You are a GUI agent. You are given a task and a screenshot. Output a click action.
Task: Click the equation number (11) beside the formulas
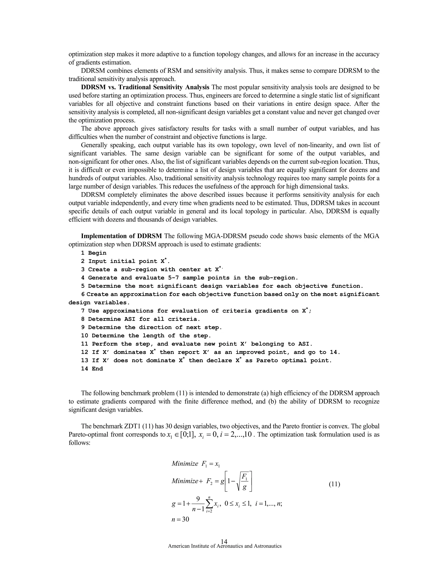(334, 484)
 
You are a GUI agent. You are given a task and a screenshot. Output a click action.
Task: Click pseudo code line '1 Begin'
(94, 253)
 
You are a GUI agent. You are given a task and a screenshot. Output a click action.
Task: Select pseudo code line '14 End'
(92, 369)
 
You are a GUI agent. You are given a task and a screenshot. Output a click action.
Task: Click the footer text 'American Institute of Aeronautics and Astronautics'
(224, 546)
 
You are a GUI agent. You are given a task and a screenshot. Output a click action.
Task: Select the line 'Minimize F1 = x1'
(196, 464)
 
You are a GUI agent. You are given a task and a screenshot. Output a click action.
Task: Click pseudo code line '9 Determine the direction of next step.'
(151, 327)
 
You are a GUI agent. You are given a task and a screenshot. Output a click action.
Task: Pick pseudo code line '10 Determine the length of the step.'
(146, 336)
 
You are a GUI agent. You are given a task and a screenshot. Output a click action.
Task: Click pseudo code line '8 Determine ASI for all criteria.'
(141, 319)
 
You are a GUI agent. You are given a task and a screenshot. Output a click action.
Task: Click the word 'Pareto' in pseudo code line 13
(267, 360)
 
